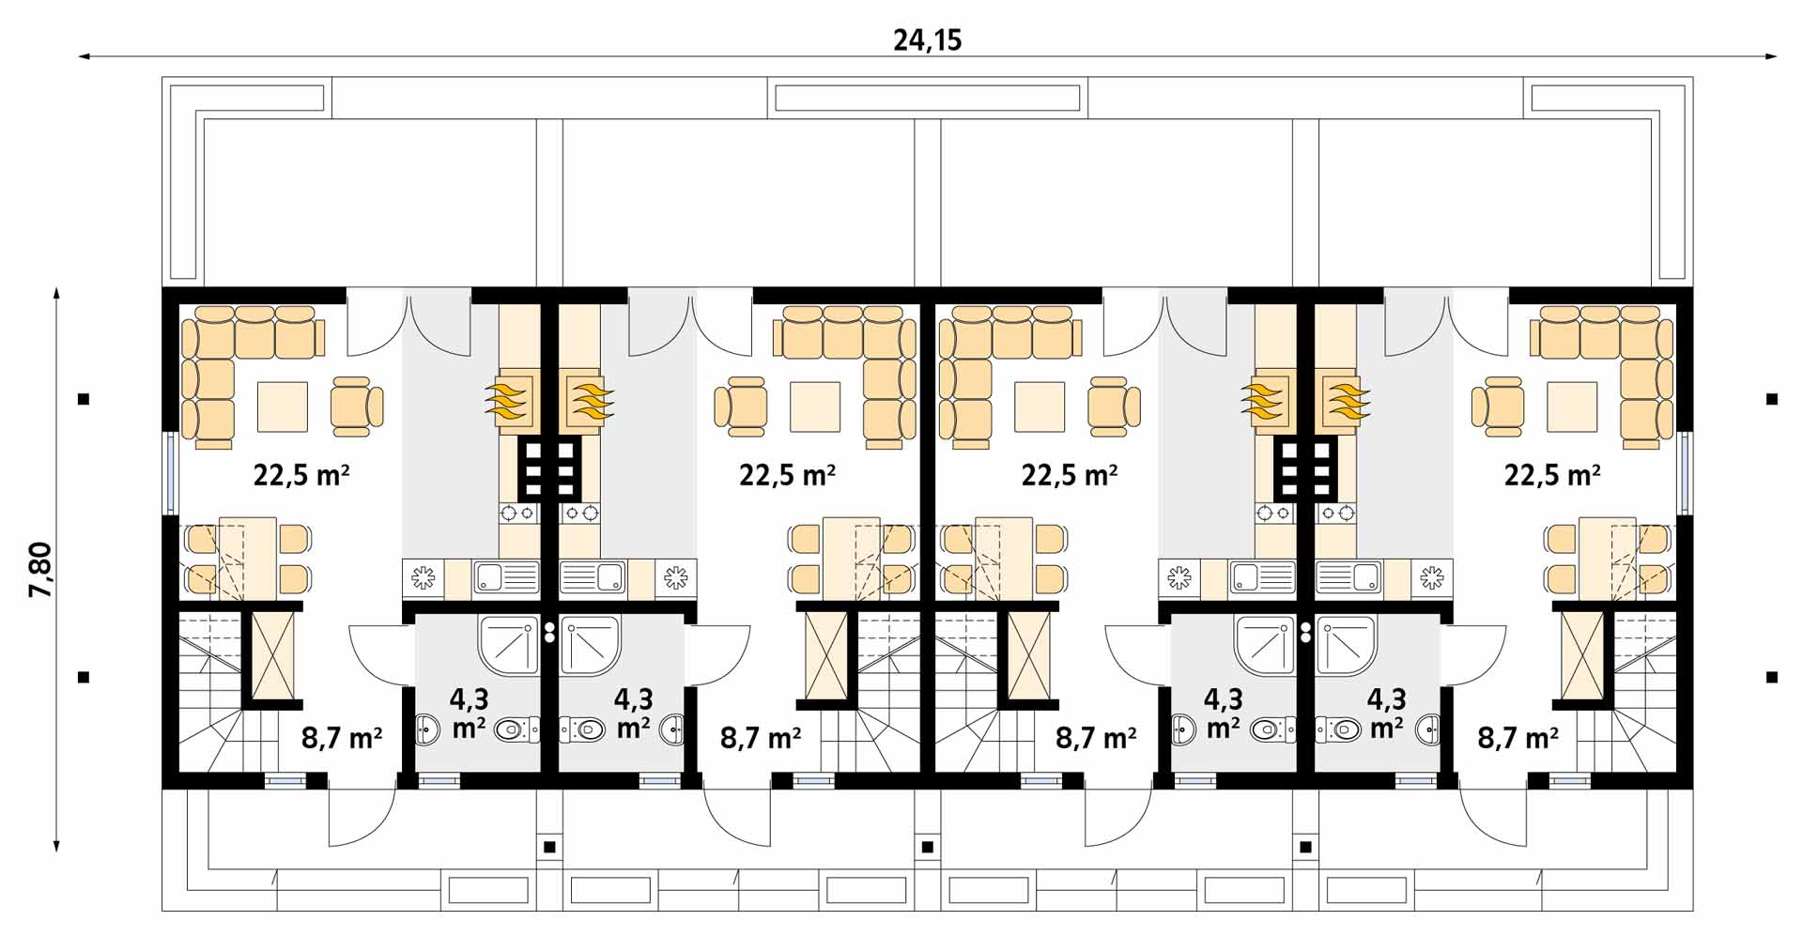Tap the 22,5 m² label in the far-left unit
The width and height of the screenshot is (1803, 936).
tap(301, 474)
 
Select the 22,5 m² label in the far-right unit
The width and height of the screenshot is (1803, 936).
tap(1552, 474)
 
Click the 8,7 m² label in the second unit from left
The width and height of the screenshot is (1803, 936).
tap(761, 738)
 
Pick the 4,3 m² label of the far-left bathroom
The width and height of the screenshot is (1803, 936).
tap(469, 713)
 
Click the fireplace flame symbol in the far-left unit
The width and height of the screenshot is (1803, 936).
tap(508, 400)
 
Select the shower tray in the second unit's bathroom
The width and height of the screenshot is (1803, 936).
tap(591, 646)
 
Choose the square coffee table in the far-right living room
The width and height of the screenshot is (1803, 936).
tap(1572, 407)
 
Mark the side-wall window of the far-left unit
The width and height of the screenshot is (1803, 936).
tap(171, 473)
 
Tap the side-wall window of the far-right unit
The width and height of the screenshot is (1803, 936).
tap(1685, 473)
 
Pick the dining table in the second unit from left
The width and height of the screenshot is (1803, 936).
tap(851, 559)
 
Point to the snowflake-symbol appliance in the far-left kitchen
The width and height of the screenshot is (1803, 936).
tap(424, 578)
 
